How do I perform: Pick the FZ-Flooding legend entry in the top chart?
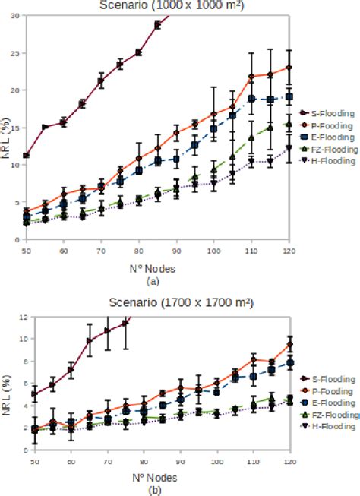click(x=327, y=150)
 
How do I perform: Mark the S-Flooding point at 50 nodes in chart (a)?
click(x=27, y=156)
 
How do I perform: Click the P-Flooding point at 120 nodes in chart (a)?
click(x=289, y=68)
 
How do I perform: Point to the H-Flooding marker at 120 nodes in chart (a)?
click(x=289, y=148)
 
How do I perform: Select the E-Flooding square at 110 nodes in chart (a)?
click(x=251, y=99)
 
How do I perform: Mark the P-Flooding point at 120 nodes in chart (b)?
click(x=289, y=344)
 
